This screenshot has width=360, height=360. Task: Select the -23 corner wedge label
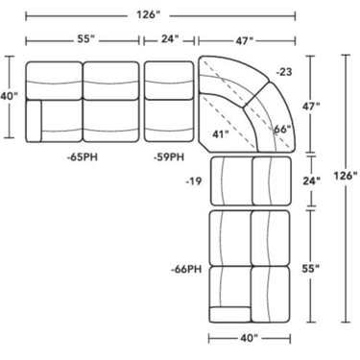(x=283, y=72)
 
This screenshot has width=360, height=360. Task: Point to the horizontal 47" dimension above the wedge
(x=244, y=41)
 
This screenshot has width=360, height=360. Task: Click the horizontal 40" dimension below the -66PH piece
(x=249, y=337)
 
